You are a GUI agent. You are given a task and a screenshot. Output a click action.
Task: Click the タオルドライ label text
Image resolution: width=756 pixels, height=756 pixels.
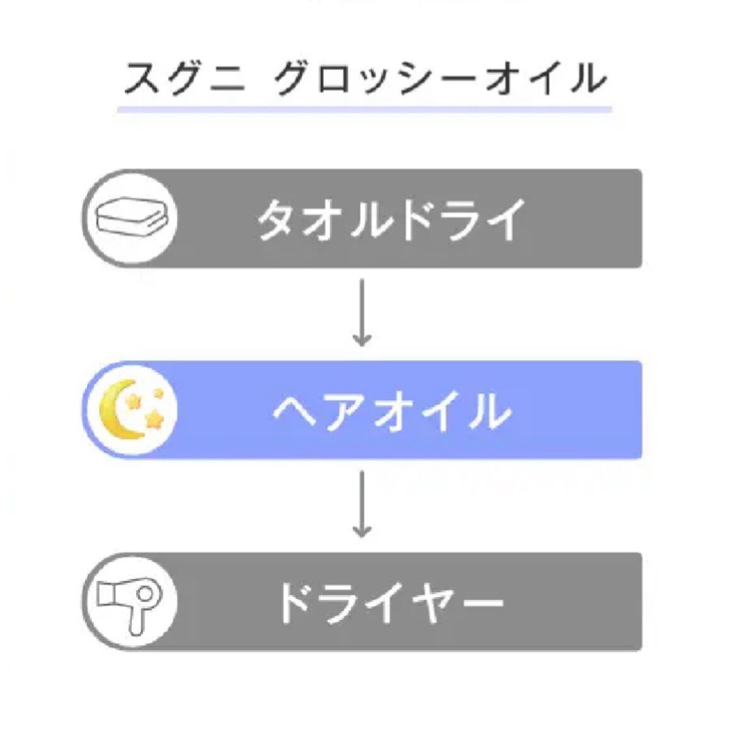pos(391,220)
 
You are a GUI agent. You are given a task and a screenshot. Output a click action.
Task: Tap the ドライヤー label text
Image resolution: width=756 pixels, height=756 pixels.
pos(391,604)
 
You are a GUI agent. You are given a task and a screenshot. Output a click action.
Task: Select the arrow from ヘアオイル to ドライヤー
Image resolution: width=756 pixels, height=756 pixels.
pos(361,504)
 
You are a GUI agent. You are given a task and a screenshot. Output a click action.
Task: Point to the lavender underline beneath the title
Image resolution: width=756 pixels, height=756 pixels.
pos(364,110)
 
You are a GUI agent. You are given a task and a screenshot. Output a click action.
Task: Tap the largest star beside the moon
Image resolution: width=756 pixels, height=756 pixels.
pos(153,419)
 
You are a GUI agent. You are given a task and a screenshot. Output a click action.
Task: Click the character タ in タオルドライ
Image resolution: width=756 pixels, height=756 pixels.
pos(277,220)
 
